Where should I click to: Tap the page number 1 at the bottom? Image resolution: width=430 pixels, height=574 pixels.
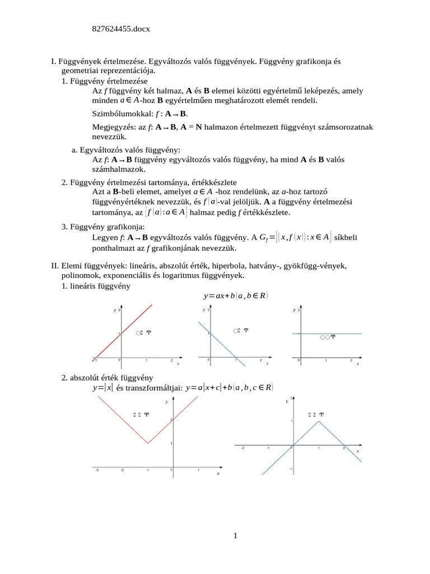[x=236, y=536]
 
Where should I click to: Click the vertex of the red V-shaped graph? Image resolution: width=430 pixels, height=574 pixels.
[x=147, y=443]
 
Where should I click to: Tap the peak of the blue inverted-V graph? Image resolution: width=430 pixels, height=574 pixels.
[x=318, y=421]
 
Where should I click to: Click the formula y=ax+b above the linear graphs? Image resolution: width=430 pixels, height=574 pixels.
[x=236, y=295]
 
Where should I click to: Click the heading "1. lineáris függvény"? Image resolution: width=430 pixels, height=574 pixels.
[x=96, y=286]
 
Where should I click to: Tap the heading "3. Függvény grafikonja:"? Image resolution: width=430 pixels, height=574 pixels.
[x=103, y=226]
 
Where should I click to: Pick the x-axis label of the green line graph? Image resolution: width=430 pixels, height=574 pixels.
[x=357, y=364]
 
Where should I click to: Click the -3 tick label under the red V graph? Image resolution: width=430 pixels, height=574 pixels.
[x=97, y=470]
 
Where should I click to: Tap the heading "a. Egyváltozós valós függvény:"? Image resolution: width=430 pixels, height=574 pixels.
[x=126, y=150]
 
